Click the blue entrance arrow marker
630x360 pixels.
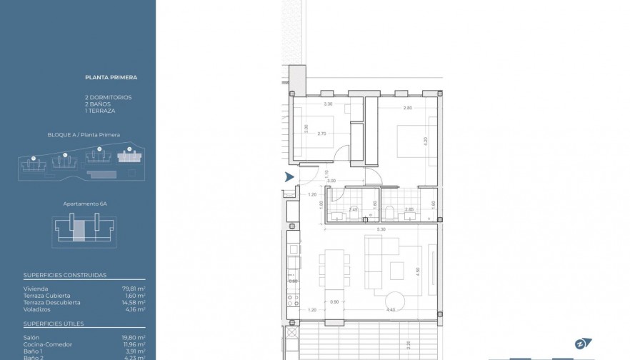pos(289,177)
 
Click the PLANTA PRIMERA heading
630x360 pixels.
pos(111,77)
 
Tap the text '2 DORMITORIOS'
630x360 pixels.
pos(108,97)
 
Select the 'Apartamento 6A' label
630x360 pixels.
pos(85,204)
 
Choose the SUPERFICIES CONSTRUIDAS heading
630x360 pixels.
pos(65,274)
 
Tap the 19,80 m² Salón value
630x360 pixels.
pos(134,337)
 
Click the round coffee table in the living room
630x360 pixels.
pos(395,299)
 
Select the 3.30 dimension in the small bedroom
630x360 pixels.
pos(329,105)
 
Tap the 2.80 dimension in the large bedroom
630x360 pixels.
pos(408,108)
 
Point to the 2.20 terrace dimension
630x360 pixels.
pos(409,345)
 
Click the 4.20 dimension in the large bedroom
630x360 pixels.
pos(426,141)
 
